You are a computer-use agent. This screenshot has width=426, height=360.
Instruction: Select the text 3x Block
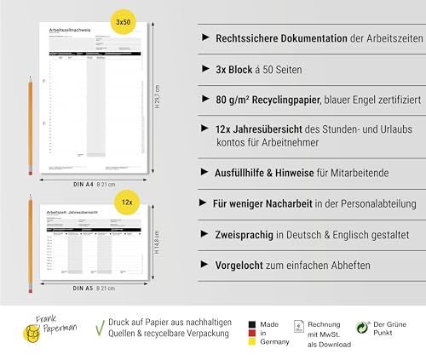(x=234, y=66)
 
